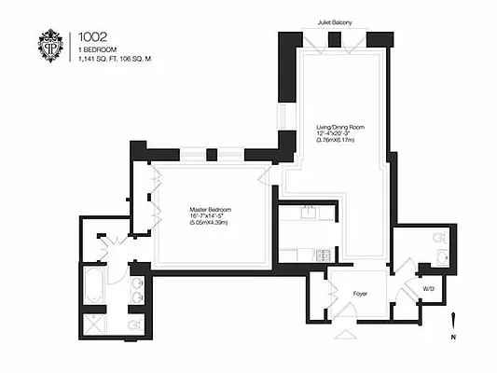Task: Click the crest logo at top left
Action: [49, 47]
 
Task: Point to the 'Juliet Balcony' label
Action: [334, 21]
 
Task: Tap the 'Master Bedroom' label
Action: [209, 209]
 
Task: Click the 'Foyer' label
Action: [360, 292]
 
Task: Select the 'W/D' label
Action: [429, 289]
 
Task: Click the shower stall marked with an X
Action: [96, 324]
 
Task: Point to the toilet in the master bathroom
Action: [133, 325]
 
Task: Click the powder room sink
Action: [443, 256]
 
